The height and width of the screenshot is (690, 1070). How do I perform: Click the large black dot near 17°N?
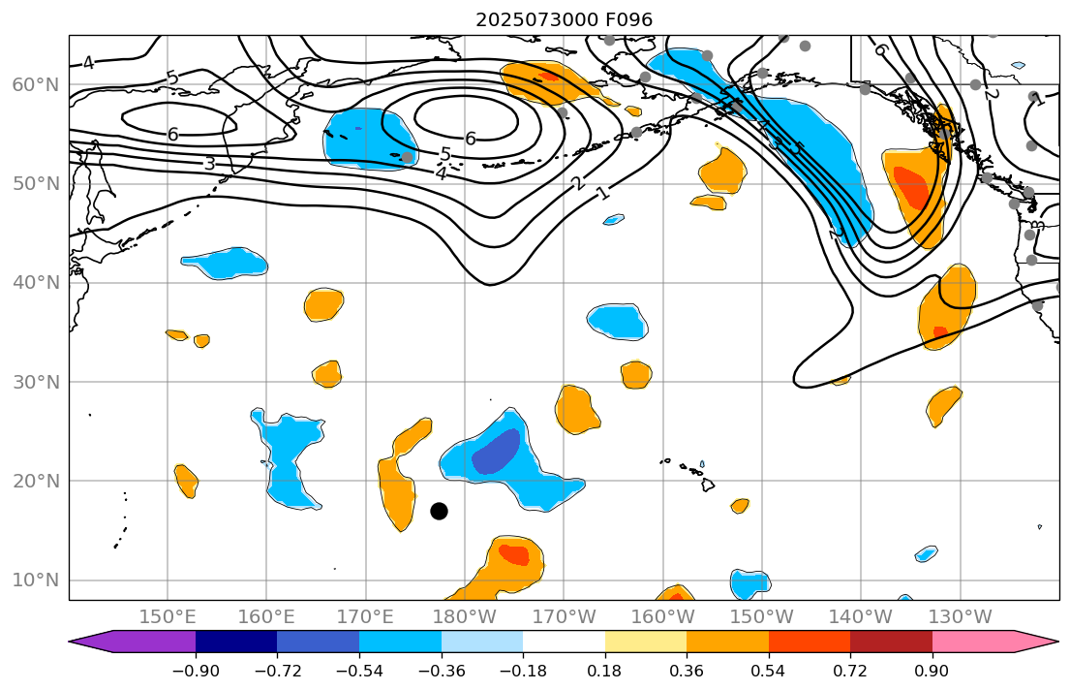(439, 511)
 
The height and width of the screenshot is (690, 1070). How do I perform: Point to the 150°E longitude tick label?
(168, 617)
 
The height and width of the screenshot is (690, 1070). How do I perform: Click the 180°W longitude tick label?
(465, 617)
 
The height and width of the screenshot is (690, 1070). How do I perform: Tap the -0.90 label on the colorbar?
(196, 671)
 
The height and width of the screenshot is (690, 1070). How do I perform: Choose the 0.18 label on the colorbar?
(605, 671)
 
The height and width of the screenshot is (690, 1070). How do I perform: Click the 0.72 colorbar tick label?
(850, 671)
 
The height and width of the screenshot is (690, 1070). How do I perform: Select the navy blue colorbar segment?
(236, 642)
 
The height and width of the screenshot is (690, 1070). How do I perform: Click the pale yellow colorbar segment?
(646, 642)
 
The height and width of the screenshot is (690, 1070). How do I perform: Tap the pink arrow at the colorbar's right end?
(1036, 642)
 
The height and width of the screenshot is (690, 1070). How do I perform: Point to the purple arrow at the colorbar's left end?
(92, 642)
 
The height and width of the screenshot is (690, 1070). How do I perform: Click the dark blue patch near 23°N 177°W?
(497, 453)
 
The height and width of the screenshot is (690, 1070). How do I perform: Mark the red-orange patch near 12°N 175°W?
(514, 554)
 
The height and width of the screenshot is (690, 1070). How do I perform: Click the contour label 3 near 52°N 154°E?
(209, 164)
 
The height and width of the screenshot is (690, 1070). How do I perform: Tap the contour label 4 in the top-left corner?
(88, 63)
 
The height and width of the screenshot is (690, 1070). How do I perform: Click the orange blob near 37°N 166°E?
(323, 304)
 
